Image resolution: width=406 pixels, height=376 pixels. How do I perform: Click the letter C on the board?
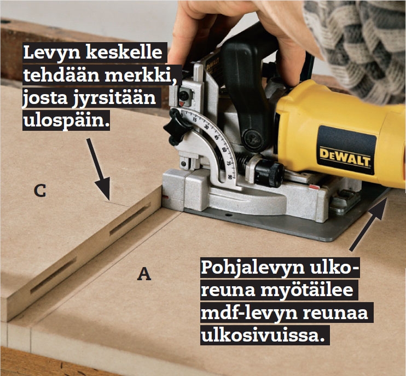(40, 191)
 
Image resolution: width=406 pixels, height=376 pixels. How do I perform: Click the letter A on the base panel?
(144, 274)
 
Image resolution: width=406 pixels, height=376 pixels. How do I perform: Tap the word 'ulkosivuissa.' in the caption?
(263, 335)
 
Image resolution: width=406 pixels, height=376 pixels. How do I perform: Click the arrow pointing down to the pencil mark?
(98, 170)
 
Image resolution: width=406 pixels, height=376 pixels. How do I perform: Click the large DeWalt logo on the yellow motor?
(345, 157)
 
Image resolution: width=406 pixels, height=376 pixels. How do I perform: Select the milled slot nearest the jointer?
(130, 219)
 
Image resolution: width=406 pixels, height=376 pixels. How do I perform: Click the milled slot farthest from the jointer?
(54, 275)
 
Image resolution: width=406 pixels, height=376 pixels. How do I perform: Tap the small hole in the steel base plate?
(228, 215)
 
